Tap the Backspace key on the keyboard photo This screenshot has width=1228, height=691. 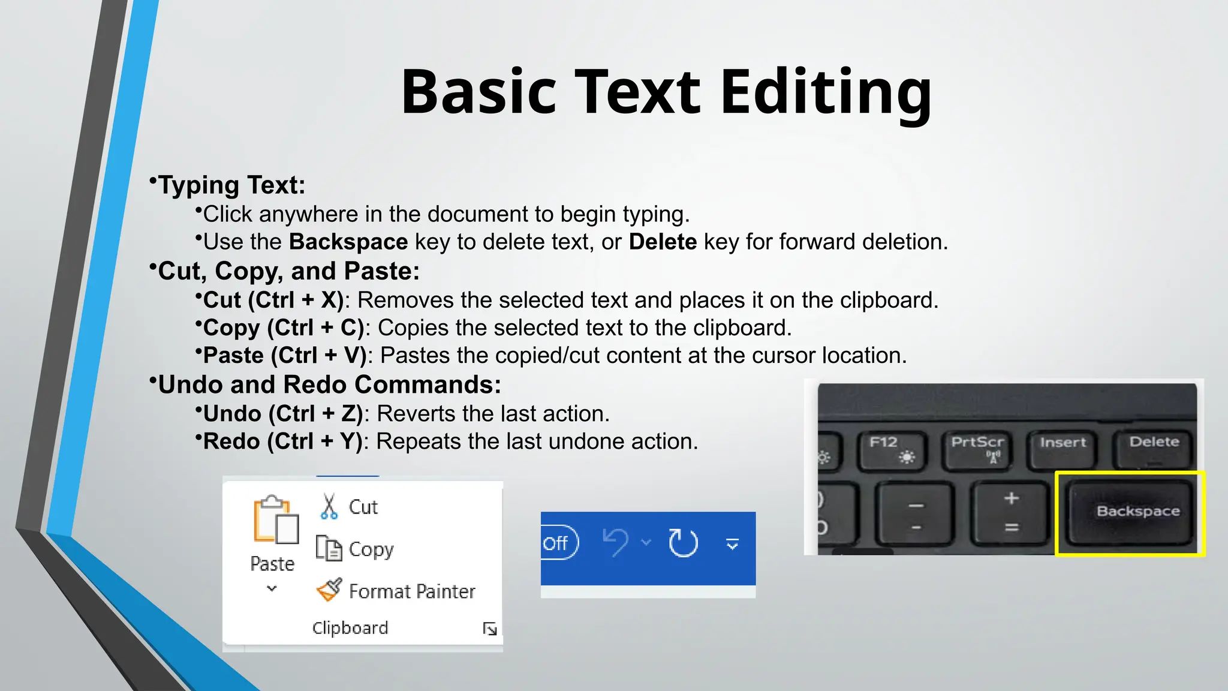click(1130, 512)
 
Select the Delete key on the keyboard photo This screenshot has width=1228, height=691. click(1154, 447)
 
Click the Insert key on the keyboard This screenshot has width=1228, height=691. click(1063, 447)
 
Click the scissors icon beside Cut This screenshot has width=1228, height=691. click(329, 507)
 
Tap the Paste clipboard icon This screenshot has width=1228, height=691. click(275, 520)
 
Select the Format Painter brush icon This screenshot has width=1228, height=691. click(329, 590)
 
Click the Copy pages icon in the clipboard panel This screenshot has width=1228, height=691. click(329, 548)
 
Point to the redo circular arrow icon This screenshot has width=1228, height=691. click(683, 543)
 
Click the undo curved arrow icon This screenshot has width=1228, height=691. click(615, 542)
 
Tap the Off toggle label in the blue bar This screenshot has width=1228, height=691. click(556, 543)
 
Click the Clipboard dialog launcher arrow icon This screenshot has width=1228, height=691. click(490, 629)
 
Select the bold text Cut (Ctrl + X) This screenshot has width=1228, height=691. click(273, 300)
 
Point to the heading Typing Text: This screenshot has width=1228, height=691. click(231, 185)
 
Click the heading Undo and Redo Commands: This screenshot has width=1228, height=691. click(329, 384)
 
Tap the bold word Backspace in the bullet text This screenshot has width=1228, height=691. click(348, 242)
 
